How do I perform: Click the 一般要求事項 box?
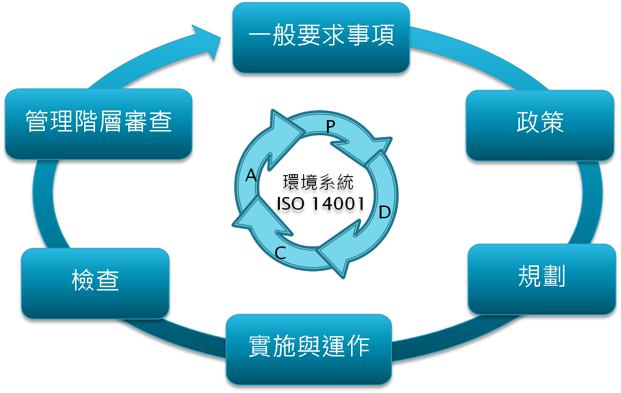pos(321,37)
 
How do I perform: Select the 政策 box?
pos(540,125)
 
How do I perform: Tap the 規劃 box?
pos(542,279)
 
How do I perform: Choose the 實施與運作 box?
pos(309,349)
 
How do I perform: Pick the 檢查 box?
pos(95,283)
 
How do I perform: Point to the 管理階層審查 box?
pos(98,123)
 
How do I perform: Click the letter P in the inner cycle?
pos(331,126)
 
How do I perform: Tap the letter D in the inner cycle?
pos(384,212)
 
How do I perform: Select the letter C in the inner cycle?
pos(280,253)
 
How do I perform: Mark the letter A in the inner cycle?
pos(251,176)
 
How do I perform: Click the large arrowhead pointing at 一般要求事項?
pos(209,42)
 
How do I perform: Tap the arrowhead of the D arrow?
pos(338,253)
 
